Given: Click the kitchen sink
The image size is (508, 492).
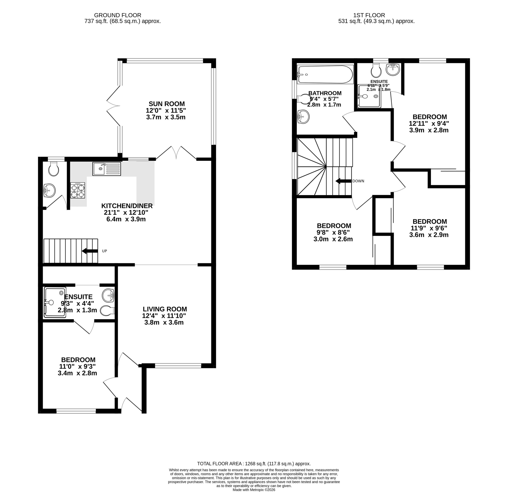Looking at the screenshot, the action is [x=107, y=169].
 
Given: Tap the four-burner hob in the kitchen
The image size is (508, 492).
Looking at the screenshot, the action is [x=78, y=190].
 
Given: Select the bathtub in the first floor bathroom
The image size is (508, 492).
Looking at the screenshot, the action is [x=325, y=75].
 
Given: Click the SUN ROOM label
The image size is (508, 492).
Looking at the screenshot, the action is [x=167, y=104].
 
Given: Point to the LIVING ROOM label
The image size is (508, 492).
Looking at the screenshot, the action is [x=165, y=309].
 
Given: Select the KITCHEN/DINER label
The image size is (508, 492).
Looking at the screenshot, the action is [x=127, y=206].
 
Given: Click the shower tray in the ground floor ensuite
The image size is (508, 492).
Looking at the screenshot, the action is [x=55, y=302].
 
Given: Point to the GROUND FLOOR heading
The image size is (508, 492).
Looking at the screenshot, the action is [x=118, y=15].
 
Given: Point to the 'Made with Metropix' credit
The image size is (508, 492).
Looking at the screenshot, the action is [x=254, y=490].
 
